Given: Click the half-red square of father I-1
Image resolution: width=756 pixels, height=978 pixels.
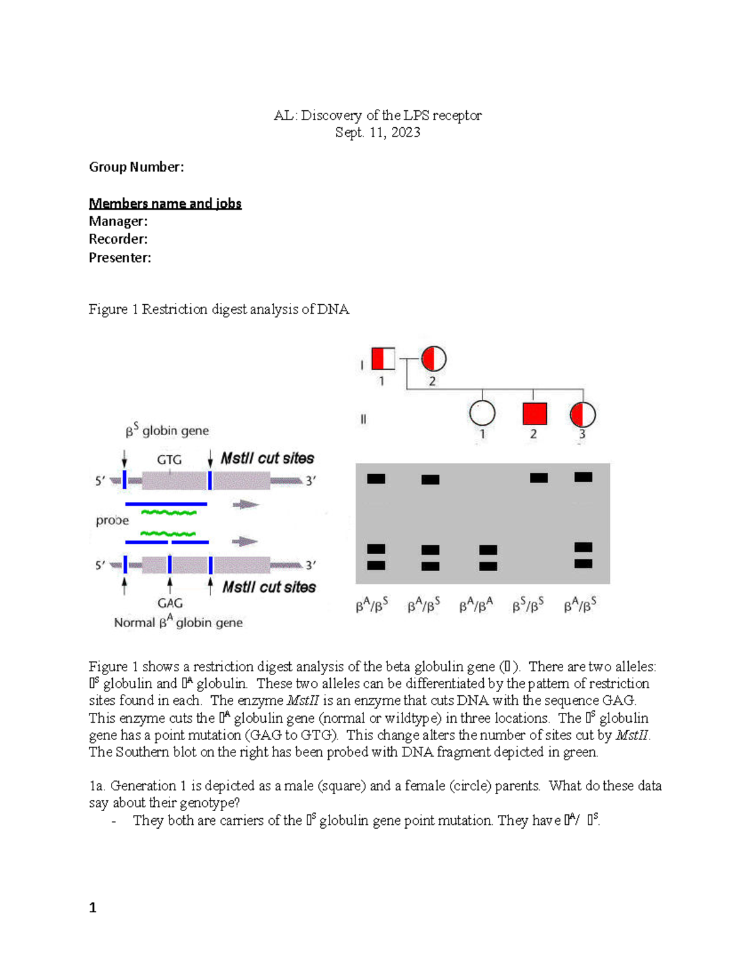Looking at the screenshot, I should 383,358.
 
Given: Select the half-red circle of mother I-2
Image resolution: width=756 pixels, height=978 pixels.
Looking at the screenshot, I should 433,359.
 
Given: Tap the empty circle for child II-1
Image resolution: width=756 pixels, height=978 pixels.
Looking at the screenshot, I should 482,414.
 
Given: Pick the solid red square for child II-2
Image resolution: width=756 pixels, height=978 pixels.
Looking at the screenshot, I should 534,414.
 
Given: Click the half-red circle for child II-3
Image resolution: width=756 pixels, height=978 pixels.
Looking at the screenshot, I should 583,414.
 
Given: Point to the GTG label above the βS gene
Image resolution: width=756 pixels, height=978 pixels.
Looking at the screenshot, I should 169,460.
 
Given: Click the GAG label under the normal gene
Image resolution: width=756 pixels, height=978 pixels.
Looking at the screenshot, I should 170,603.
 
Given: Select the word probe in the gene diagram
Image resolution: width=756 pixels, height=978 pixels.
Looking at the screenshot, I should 112,521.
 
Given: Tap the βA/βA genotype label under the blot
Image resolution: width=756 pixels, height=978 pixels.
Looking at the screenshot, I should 476,606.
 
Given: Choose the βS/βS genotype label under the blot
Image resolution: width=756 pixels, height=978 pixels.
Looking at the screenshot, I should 528,606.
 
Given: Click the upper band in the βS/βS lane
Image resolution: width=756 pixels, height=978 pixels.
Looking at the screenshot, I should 539,479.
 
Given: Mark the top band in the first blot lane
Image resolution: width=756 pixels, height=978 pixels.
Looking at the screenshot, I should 376,479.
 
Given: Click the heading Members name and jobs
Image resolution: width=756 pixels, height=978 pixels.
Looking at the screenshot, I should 165,203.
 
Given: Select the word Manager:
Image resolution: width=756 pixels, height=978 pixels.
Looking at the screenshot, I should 118,221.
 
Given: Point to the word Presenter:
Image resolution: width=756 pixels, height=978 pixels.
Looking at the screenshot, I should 120,258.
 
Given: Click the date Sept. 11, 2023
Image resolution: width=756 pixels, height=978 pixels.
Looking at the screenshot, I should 377,132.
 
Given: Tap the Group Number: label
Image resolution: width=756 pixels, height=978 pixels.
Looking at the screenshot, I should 136,167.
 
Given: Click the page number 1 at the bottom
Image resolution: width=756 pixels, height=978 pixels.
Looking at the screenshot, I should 93,907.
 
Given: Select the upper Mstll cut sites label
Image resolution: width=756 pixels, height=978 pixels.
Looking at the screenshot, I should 267,458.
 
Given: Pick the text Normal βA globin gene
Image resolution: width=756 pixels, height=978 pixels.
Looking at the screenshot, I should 178,623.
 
